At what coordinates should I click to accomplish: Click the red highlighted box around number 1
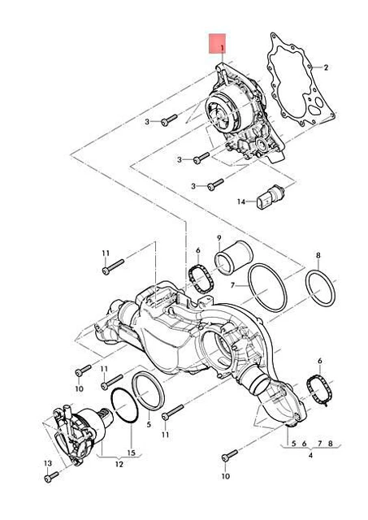217,43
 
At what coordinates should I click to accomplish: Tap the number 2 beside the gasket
326,67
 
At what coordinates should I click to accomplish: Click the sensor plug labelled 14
271,198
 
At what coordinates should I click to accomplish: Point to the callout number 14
241,201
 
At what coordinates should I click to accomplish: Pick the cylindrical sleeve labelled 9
233,257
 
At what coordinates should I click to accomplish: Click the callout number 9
219,238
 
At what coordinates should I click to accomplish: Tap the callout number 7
232,285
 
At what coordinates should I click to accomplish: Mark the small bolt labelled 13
51,477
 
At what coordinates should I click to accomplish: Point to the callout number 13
48,463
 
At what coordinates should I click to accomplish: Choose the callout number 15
132,453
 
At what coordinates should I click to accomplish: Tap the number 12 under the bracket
119,464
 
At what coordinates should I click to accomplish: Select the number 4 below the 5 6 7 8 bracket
310,455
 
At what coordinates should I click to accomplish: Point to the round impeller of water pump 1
222,111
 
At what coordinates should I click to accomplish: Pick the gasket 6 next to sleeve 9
201,279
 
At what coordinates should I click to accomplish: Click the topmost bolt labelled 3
169,120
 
